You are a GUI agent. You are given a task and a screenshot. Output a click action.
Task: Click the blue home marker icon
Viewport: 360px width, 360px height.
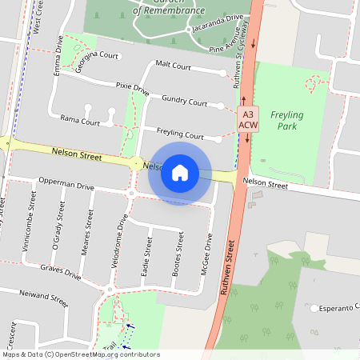coord(180,172)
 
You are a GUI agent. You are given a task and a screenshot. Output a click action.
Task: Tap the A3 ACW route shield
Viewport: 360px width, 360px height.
coord(248,120)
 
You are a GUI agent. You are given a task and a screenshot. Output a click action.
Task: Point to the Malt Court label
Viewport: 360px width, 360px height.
coord(173,66)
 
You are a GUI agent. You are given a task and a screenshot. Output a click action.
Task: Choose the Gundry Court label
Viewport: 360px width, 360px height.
coord(184,101)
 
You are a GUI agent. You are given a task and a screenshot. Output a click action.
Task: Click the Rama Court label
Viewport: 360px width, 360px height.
coord(80,122)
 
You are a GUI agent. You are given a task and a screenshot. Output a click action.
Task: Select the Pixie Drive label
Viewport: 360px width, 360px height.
coord(132,88)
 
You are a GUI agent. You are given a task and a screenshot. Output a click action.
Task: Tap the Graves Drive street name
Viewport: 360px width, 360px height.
coord(61,274)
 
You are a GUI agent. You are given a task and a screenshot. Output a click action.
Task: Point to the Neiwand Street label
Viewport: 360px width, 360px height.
coord(43,299)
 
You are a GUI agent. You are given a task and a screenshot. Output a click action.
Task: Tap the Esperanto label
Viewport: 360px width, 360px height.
coord(336,308)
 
